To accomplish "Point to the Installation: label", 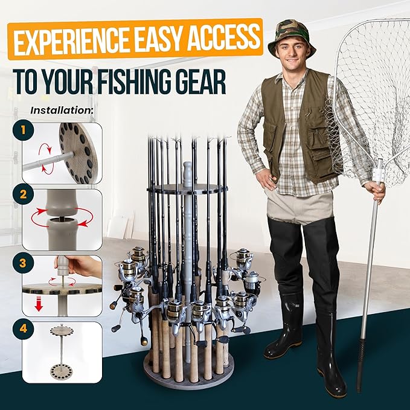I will click(x=62, y=111).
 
